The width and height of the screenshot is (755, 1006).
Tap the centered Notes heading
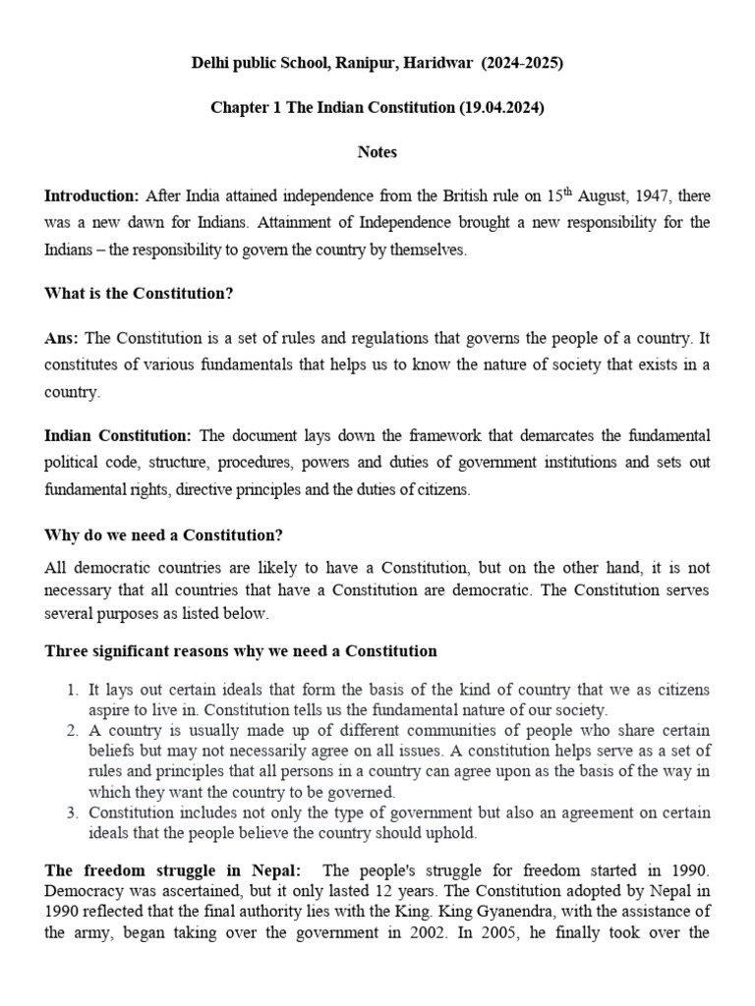coord(377,152)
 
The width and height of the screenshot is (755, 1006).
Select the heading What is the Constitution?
coord(139,294)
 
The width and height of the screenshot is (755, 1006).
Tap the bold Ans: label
coord(62,338)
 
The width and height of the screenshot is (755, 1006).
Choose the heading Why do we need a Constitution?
coord(163,535)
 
